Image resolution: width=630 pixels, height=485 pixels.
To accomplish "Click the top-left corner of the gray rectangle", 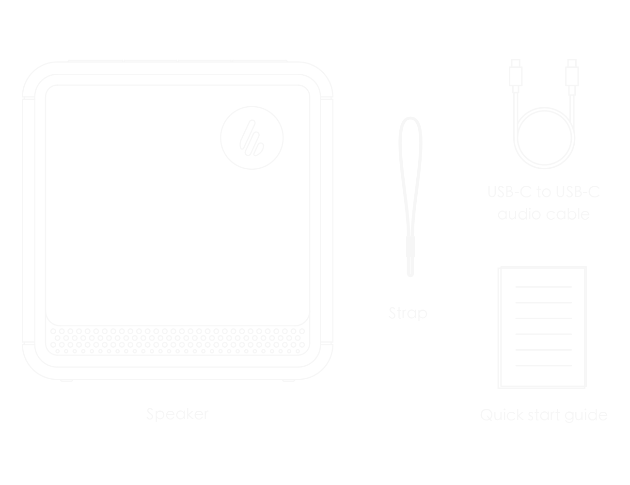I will coord(22,59).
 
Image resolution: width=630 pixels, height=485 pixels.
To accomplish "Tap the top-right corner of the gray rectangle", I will coord(607,59).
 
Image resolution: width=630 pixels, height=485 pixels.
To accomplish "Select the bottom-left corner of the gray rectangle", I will coord(22,422).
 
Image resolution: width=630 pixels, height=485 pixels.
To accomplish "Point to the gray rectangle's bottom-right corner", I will coord(607,422).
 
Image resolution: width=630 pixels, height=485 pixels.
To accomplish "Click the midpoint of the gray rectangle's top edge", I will coord(315,59).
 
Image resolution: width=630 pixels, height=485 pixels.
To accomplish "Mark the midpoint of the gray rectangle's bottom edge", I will coord(315,422).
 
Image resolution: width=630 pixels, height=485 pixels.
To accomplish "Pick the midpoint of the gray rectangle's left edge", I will coord(22,241).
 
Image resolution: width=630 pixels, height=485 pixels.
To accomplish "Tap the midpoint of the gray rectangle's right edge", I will coord(607,241).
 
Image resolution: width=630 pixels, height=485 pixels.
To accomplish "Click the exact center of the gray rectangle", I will coord(315,241).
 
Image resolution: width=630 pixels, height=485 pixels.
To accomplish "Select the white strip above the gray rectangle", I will coord(315,29).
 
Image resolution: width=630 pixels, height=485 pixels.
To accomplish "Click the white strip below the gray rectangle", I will coord(315,454).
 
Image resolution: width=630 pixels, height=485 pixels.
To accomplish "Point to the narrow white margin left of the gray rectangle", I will coord(11,241).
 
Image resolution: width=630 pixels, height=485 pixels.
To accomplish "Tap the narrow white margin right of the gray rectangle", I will coord(619,241).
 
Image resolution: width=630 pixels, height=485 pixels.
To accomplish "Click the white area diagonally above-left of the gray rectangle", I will coord(11,29).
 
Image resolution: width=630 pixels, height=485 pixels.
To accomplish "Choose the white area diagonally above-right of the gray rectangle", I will coord(619,29).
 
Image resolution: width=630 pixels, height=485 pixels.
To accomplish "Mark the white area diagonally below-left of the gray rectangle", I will coord(11,454).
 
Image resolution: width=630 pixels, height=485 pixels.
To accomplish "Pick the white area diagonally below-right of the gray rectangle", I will coord(619,454).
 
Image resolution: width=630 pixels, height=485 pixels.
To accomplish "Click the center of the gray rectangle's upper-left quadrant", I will coord(168,150).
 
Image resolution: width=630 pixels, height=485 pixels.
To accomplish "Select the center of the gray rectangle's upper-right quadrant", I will coord(461,150).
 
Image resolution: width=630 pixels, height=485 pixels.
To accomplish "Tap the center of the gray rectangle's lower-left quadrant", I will coord(168,332).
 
